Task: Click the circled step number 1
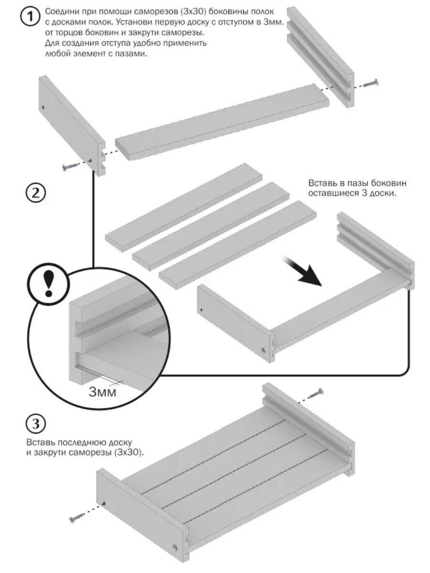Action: click(x=29, y=17)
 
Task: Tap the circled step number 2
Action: click(x=35, y=193)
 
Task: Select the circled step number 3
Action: click(x=35, y=424)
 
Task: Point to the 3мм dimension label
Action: click(x=103, y=392)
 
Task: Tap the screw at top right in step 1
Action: click(x=371, y=84)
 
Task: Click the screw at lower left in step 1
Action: click(x=70, y=167)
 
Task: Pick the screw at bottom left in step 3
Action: click(x=77, y=517)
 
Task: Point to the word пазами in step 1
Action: click(x=130, y=54)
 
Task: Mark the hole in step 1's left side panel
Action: click(x=43, y=107)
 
